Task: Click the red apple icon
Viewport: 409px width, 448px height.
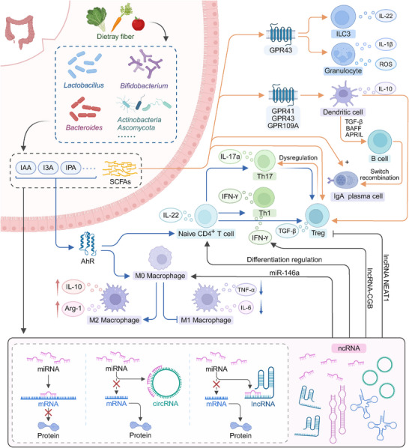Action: point(139,23)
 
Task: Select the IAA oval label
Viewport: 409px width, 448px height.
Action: point(25,167)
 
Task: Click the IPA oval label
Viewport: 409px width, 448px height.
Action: point(70,167)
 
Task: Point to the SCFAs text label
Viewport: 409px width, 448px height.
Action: point(121,181)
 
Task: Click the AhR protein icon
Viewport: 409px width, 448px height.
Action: point(88,243)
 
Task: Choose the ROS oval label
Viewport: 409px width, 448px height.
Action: point(386,64)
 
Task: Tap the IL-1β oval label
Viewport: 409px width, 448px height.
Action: point(386,44)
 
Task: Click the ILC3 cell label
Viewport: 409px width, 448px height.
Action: point(343,34)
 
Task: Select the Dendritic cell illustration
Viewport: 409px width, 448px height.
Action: point(343,94)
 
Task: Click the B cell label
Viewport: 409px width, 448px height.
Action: point(380,159)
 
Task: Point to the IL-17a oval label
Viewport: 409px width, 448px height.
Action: point(230,157)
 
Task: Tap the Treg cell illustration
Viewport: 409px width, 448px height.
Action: point(317,216)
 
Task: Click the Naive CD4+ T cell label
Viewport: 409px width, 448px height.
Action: point(206,234)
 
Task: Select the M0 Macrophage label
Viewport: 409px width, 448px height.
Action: point(160,276)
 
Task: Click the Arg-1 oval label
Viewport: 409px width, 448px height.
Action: point(73,309)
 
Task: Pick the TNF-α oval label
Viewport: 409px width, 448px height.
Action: point(246,290)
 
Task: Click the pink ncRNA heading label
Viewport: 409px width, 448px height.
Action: point(349,348)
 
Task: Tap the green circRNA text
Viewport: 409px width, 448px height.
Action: point(166,404)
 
